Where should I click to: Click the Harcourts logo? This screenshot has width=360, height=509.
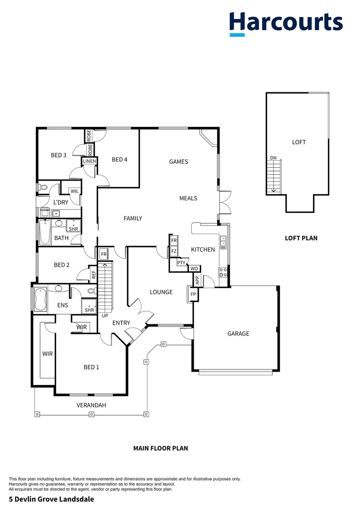tap(286, 23)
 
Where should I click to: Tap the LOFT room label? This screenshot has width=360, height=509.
tap(299, 142)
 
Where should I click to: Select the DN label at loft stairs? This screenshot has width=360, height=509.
tap(273, 158)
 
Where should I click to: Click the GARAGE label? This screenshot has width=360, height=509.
tap(238, 334)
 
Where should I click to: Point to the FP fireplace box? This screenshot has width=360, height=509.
tap(193, 295)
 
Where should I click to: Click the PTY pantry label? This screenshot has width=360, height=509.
tap(181, 263)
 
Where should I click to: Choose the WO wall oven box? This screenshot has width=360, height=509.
tap(194, 269)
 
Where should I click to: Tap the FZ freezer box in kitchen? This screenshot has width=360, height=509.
tap(174, 251)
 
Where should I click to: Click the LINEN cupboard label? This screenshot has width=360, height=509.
tap(90, 161)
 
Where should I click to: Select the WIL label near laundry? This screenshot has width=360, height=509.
tap(75, 191)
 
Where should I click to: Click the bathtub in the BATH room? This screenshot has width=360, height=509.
tap(45, 232)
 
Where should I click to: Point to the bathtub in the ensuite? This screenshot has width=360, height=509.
tap(40, 299)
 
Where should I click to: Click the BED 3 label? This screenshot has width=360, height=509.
tap(58, 155)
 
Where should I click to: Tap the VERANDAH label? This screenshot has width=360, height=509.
tap(91, 405)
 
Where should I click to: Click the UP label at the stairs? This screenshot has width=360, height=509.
tap(105, 315)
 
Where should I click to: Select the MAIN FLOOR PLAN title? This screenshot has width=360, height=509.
tap(160, 448)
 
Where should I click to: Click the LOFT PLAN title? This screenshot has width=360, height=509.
tap(301, 238)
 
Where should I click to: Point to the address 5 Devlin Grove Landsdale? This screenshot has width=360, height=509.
tap(48, 499)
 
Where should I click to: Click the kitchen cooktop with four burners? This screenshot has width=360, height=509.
tap(223, 272)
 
